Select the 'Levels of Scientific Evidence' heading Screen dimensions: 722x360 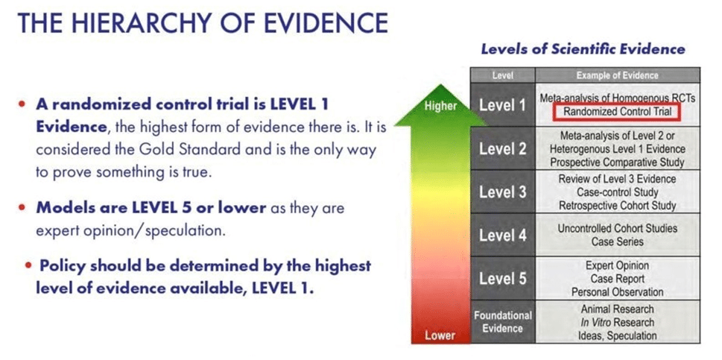(583, 49)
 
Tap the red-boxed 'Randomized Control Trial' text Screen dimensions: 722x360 (617, 111)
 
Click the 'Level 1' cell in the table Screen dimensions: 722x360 (502, 105)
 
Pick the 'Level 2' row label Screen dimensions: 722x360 (502, 149)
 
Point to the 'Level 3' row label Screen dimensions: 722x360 (502, 192)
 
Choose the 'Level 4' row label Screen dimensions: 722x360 (502, 236)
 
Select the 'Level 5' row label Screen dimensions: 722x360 (502, 279)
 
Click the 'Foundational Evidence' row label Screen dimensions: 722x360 (502, 322)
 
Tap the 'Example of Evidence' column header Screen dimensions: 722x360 (617, 75)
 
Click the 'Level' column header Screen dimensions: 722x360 (502, 75)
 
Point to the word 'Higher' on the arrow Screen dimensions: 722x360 (440, 106)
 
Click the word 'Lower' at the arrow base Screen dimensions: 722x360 (440, 335)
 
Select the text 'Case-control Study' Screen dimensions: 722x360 (617, 192)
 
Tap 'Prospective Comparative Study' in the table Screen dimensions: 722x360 (617, 162)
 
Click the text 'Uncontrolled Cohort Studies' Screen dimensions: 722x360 (617, 228)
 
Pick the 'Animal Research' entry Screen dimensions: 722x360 (617, 309)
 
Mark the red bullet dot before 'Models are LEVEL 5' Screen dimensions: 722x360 (21, 208)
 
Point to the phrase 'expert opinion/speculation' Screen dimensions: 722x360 (131, 230)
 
